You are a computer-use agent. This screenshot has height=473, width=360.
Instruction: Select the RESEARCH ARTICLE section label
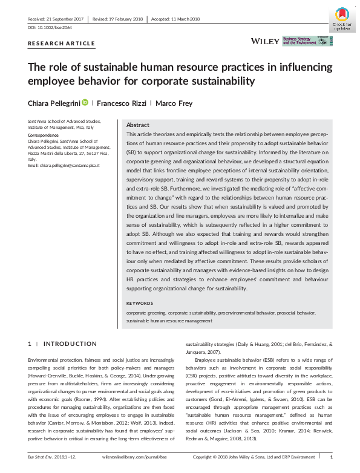click(62, 44)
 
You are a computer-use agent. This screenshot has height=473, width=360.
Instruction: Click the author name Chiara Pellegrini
click(54, 103)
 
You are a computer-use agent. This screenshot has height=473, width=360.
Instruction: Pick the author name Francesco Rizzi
click(124, 103)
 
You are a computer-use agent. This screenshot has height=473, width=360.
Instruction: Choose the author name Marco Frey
click(174, 103)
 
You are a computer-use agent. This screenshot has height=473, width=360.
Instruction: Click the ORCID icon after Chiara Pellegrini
click(85, 103)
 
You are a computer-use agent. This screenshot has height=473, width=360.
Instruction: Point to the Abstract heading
click(137, 124)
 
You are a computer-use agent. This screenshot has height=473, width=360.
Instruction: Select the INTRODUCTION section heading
click(70, 344)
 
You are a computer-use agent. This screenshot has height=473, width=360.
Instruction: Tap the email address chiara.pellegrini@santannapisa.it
click(64, 165)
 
